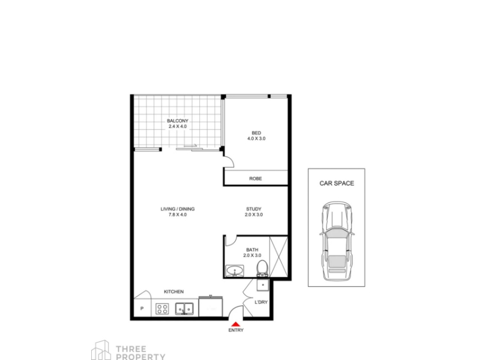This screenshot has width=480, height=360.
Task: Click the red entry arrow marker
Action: tap(235, 324)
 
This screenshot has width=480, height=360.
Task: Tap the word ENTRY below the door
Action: tap(236, 331)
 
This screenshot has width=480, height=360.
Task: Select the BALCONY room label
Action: tap(178, 121)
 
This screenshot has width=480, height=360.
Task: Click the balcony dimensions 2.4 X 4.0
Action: tap(178, 127)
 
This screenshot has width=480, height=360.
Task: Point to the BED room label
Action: tap(256, 133)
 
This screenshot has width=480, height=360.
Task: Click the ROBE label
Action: tap(256, 178)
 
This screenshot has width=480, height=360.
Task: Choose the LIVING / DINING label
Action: tap(178, 209)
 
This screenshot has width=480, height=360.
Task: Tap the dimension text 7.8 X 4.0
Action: tap(178, 215)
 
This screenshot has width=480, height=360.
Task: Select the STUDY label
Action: tap(254, 209)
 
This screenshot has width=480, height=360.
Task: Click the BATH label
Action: tap(252, 250)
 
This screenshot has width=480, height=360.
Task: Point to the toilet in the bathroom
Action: tap(262, 268)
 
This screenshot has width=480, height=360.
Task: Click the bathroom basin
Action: tap(235, 271)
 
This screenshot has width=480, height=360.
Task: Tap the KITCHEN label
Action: tap(174, 292)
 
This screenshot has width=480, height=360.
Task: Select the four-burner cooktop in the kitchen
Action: tap(162, 308)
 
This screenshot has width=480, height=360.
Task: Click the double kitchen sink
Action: tap(184, 308)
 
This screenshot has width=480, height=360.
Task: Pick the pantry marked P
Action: tap(142, 308)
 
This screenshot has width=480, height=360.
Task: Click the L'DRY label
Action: tap(261, 302)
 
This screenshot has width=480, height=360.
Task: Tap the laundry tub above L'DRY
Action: tap(263, 285)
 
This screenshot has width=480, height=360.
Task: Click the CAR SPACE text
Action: tap(337, 184)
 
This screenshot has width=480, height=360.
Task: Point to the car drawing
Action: tap(337, 241)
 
